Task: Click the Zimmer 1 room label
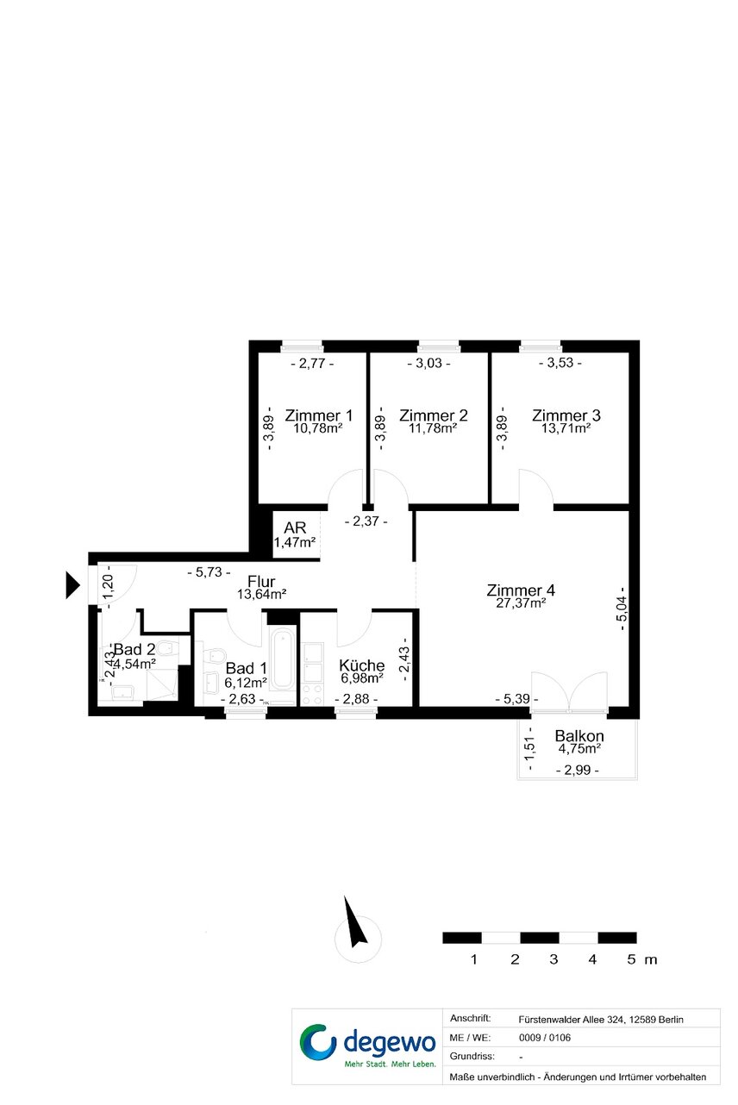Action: point(318,415)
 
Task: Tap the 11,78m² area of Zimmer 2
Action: point(432,428)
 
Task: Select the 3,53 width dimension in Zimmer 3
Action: point(560,363)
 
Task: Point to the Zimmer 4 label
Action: point(521,590)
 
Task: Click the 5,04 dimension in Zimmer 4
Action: point(622,609)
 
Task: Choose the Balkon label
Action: point(579,735)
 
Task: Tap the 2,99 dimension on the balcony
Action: point(577,770)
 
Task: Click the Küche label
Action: point(361,665)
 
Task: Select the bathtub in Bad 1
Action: point(283,660)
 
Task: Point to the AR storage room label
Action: point(295,528)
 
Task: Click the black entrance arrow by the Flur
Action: point(72,585)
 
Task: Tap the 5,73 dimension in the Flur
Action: point(209,572)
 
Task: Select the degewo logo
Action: point(367,1046)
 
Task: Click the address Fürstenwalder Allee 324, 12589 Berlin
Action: point(600,1019)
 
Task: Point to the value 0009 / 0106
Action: point(545,1038)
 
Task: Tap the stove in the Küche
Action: point(312,694)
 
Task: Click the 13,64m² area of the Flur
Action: point(261,594)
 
